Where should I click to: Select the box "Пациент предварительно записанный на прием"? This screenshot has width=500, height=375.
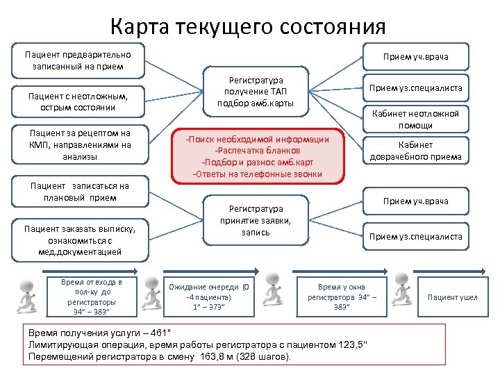click(x=78, y=60)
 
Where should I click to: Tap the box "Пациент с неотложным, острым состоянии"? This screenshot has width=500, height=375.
click(x=78, y=101)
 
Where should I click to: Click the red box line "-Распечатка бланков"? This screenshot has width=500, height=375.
click(x=258, y=151)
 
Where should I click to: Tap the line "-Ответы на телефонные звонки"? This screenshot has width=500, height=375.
click(x=258, y=174)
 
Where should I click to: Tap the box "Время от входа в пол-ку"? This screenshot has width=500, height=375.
click(x=92, y=297)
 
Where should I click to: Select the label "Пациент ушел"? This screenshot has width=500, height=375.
click(x=453, y=297)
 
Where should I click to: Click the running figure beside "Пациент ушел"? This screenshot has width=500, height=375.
click(x=409, y=295)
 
